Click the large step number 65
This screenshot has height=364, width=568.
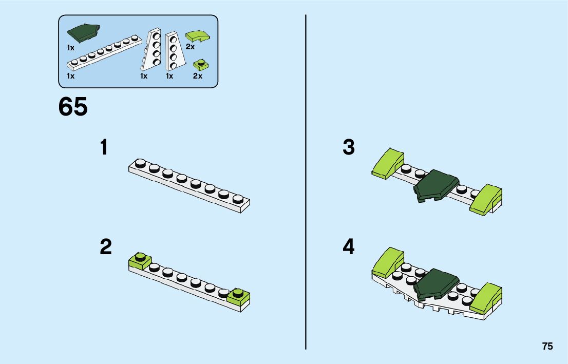click(73, 107)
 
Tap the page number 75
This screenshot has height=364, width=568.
click(547, 347)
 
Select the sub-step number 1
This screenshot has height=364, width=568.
click(104, 148)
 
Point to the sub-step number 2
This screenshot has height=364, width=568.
click(105, 247)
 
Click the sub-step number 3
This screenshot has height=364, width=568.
click(349, 148)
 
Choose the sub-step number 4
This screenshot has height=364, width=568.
click(349, 247)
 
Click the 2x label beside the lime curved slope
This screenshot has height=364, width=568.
click(190, 47)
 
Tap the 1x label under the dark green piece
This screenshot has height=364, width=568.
click(70, 47)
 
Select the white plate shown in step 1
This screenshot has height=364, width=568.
click(189, 184)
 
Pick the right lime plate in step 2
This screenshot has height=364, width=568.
click(239, 295)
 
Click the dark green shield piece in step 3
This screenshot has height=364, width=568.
click(436, 185)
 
